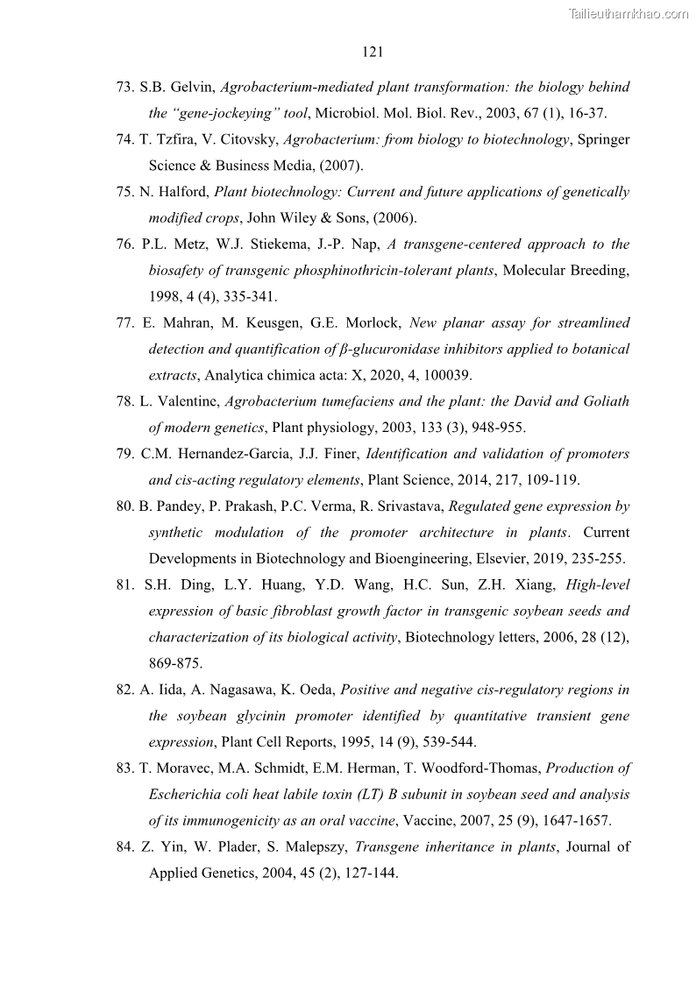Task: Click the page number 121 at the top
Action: (373, 52)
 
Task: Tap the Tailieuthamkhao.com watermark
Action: (629, 13)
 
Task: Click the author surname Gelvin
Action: (191, 88)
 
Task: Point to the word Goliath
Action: (604, 401)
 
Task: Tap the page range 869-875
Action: (175, 663)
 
